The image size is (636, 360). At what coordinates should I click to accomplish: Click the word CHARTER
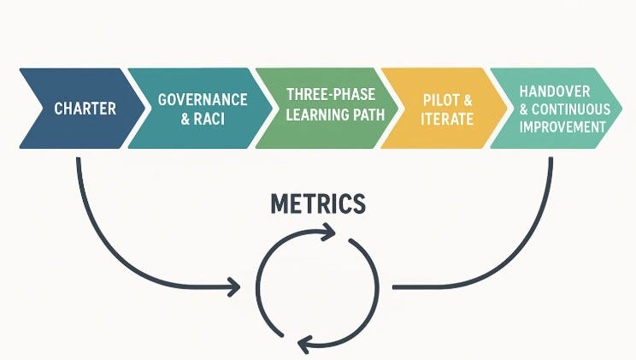[x=85, y=109]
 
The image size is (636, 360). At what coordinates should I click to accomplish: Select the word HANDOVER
[x=566, y=92]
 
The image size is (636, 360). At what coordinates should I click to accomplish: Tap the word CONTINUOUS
[x=578, y=109]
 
